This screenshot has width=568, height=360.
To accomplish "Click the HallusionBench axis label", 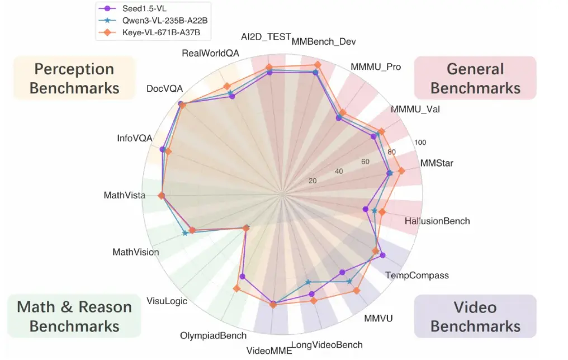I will [x=437, y=221].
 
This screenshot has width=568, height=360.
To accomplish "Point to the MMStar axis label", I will [x=437, y=164].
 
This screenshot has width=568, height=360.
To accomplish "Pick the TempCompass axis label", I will [x=417, y=275].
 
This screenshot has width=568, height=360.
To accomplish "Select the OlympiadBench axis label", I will [x=213, y=336].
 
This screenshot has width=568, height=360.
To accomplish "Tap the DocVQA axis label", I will [x=164, y=89].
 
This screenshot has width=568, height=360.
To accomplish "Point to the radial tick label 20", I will [x=313, y=181].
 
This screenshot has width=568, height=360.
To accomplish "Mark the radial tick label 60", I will [x=366, y=162].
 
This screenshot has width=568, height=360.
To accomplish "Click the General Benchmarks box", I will [x=475, y=78].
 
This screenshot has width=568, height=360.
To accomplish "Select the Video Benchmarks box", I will [x=475, y=316].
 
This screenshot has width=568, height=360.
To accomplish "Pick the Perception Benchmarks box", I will [x=74, y=78].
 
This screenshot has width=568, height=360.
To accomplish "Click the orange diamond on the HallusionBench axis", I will [x=382, y=212].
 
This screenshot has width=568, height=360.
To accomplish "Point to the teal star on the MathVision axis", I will [x=185, y=233].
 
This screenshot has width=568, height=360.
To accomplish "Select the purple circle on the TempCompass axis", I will [x=382, y=255].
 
